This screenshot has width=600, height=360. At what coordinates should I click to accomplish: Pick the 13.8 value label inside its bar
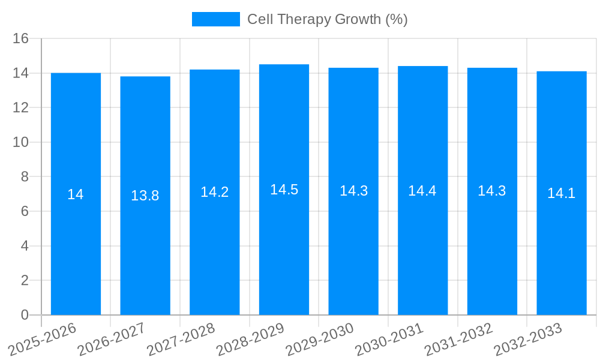[145, 196]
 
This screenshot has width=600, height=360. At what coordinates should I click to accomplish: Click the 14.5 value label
[284, 190]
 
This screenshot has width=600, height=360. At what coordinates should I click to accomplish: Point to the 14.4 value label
[422, 191]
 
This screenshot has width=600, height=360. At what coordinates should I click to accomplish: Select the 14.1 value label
[562, 193]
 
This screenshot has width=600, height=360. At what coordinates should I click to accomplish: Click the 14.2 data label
[214, 192]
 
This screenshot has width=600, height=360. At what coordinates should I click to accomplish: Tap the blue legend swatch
[215, 19]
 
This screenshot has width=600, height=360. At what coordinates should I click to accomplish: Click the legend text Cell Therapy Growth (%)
[328, 19]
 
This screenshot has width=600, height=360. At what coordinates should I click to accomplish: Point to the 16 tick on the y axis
[21, 38]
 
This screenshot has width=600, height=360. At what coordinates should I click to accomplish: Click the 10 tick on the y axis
[21, 142]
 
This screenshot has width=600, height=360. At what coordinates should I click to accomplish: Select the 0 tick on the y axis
[25, 315]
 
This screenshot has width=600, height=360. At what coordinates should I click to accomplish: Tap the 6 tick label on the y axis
[25, 211]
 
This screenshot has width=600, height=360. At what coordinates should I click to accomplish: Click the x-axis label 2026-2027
[112, 340]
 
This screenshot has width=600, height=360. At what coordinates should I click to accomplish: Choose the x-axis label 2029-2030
[320, 340]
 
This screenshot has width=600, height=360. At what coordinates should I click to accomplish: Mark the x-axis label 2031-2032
[459, 340]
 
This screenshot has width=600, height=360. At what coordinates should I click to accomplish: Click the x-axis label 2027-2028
[182, 340]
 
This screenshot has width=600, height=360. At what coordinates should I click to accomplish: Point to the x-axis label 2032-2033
[529, 340]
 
